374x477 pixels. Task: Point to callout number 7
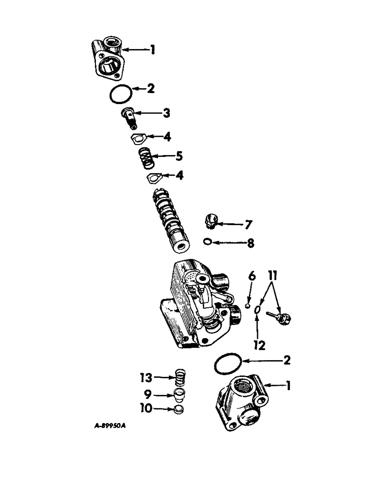[x=249, y=223]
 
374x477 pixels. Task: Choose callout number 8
[x=249, y=243]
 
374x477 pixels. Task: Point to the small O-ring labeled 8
[x=207, y=242]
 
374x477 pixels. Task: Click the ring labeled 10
[x=178, y=409]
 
